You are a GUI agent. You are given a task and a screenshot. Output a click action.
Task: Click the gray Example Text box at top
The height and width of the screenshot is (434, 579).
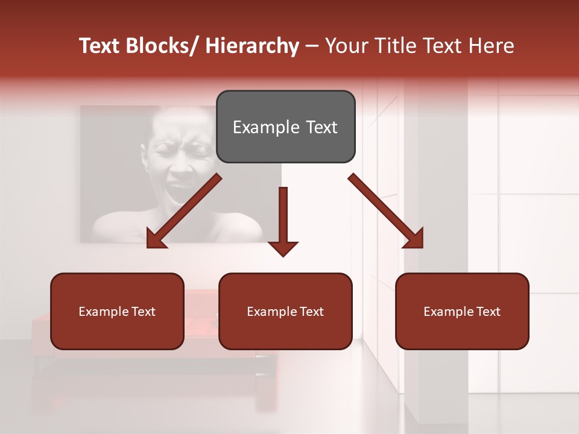285,127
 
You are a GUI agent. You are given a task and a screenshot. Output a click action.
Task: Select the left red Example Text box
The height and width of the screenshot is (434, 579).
117,311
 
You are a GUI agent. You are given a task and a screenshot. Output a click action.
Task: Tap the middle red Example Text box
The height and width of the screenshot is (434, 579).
285,311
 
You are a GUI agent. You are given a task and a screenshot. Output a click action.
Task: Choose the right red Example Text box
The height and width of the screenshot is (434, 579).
462,311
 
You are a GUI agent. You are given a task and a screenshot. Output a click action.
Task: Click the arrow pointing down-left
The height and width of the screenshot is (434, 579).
184,211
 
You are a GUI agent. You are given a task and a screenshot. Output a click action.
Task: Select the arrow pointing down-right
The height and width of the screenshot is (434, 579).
386,211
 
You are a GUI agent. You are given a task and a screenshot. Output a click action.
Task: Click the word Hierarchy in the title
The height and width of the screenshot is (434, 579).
252,46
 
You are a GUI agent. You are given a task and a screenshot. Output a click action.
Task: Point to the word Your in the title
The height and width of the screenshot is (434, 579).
346,46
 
